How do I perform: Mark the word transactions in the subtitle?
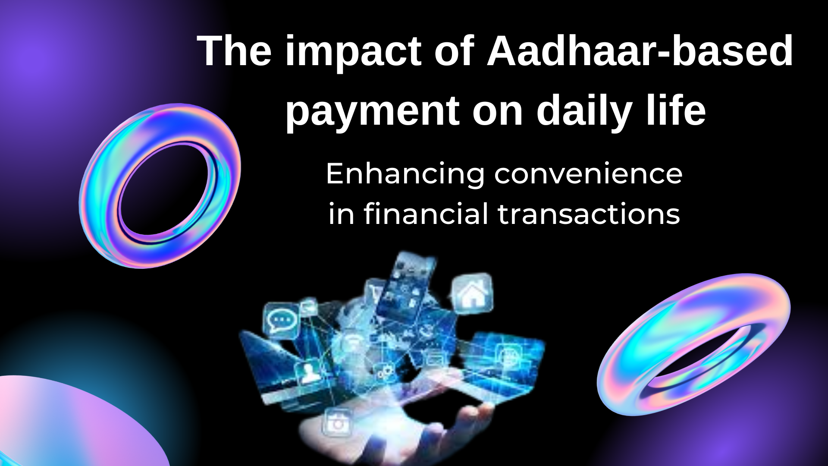click(x=589, y=214)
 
